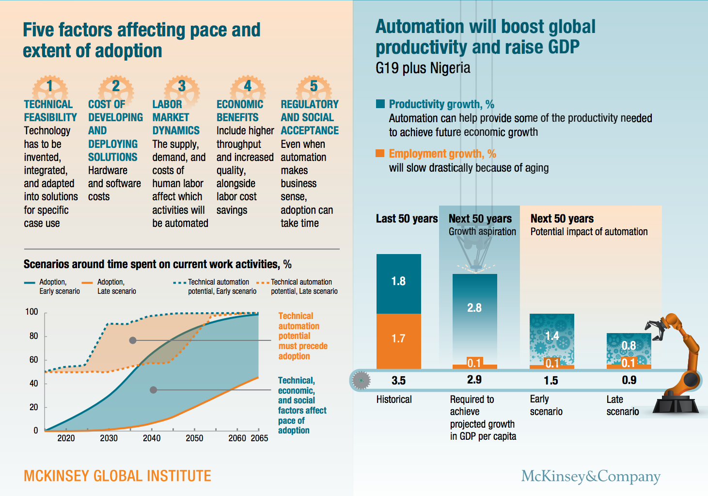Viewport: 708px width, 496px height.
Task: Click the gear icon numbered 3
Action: (x=182, y=87)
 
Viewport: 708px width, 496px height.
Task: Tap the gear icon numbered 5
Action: (x=314, y=87)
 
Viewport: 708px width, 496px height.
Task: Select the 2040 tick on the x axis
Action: (x=152, y=431)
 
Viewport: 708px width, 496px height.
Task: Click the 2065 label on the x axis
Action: (x=259, y=438)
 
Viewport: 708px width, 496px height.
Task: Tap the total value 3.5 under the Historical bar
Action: (x=398, y=381)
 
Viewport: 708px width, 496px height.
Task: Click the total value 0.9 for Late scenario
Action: (x=629, y=380)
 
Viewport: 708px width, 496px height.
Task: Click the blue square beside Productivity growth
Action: (x=380, y=104)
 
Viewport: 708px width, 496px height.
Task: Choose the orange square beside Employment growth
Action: (x=380, y=153)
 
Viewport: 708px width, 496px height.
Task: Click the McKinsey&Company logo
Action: (x=591, y=476)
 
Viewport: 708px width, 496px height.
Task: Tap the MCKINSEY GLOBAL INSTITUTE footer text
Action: (x=117, y=476)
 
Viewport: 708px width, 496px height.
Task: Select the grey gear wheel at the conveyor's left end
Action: (x=361, y=381)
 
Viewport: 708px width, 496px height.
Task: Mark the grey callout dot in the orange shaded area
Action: (x=133, y=340)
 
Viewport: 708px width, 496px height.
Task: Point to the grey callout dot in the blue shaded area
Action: (x=153, y=390)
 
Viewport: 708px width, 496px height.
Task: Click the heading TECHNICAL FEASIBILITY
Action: (x=50, y=111)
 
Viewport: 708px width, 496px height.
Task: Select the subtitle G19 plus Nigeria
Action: (x=423, y=68)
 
